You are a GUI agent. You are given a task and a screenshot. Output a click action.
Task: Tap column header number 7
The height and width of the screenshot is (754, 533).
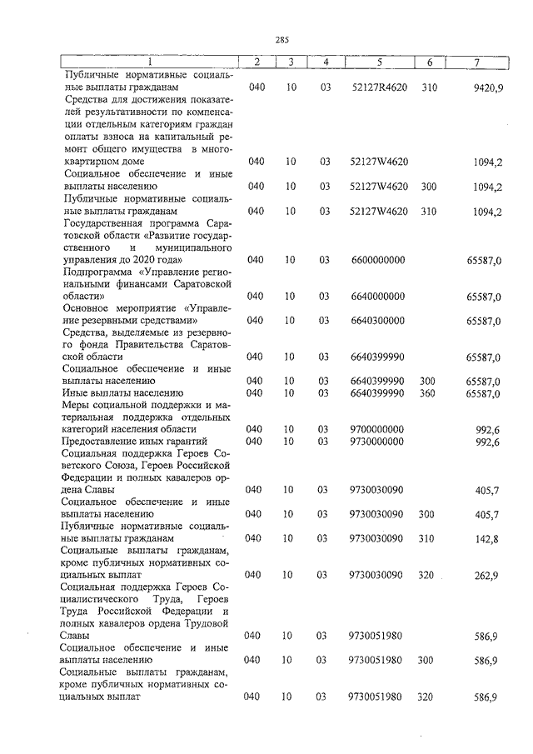(x=476, y=62)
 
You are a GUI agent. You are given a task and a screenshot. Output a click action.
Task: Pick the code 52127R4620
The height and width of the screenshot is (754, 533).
(x=378, y=87)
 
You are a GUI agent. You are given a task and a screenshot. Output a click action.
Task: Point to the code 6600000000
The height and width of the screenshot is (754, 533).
(x=377, y=260)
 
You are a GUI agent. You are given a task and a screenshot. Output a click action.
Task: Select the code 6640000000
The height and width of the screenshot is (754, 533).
(x=377, y=296)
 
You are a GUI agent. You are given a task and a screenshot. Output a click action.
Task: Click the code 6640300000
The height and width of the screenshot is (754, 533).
(x=377, y=320)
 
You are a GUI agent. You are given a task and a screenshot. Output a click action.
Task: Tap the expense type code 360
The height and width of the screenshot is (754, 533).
(x=429, y=392)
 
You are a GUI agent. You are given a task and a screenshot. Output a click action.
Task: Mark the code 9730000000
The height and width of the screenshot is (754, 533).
(x=377, y=441)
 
